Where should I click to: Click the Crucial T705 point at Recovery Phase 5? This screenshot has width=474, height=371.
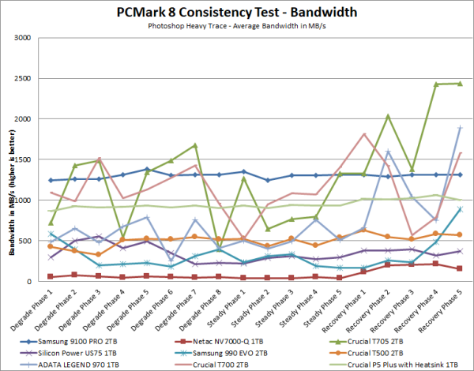[x=459, y=84]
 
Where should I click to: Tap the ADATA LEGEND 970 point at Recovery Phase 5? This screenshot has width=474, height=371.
[x=459, y=128]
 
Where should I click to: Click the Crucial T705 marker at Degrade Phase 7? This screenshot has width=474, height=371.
[x=194, y=145]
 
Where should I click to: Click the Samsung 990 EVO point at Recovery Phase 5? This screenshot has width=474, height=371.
[x=459, y=209]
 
